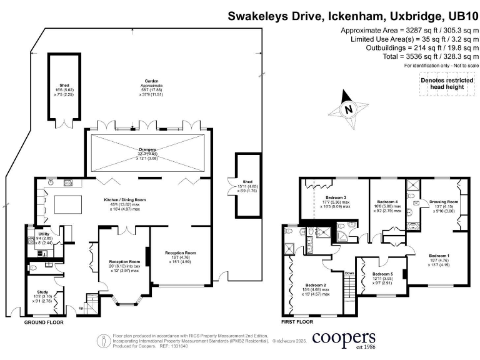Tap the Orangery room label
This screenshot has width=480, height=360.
click(x=149, y=150)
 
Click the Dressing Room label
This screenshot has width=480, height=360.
click(x=444, y=202)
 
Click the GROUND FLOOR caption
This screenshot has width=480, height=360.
click(x=44, y=322)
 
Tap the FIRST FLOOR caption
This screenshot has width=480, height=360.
click(x=297, y=322)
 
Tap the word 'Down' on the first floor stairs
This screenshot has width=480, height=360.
click(x=350, y=272)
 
